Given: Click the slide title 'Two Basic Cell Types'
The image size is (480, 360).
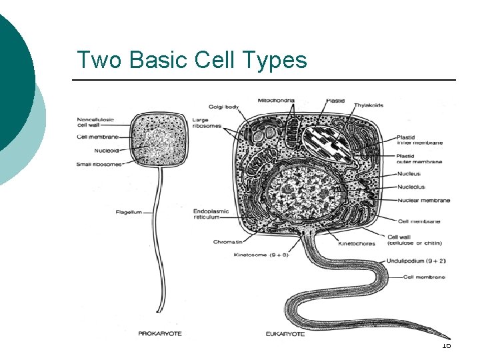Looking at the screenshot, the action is point(192,60).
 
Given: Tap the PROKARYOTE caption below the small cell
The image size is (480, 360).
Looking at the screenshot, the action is point(159,334).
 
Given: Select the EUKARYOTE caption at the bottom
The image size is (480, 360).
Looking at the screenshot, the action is point(283,334).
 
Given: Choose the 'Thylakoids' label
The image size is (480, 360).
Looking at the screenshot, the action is point(369,105).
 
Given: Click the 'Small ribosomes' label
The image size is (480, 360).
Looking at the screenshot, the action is point(99,165).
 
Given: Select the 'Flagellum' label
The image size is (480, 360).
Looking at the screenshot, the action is point(129,213).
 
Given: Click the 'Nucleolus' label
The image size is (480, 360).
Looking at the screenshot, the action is point(411,187).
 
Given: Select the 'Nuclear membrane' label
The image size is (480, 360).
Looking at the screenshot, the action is point(423,200).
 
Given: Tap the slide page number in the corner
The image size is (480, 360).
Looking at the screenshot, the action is point(446,345).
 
